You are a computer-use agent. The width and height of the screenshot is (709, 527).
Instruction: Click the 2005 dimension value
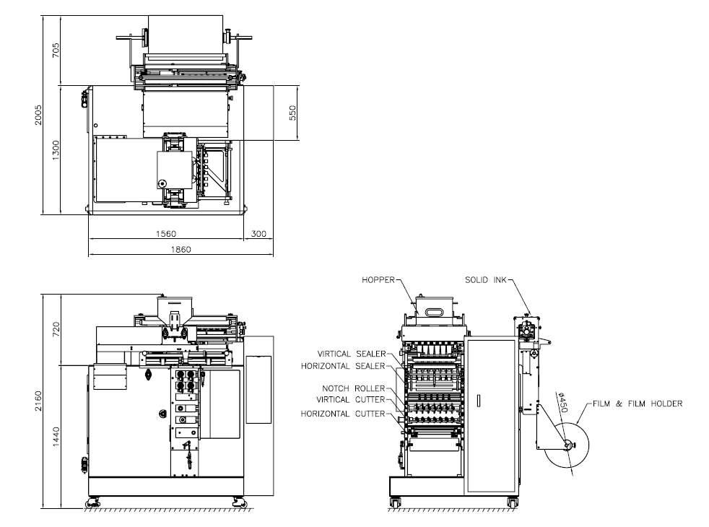coord(38,116)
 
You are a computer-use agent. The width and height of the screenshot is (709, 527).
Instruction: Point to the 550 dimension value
coord(292,113)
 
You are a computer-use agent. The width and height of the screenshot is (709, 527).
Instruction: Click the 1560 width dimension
coord(166,234)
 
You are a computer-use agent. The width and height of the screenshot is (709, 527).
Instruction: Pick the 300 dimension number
coord(258,234)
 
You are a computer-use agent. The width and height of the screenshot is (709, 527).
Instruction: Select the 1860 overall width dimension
coord(180,249)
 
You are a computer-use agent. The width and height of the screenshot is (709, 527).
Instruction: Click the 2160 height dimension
coord(38,401)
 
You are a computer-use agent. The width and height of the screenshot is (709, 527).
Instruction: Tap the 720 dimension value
coord(56,329)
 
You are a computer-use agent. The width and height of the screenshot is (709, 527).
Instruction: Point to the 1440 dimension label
coord(56,437)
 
